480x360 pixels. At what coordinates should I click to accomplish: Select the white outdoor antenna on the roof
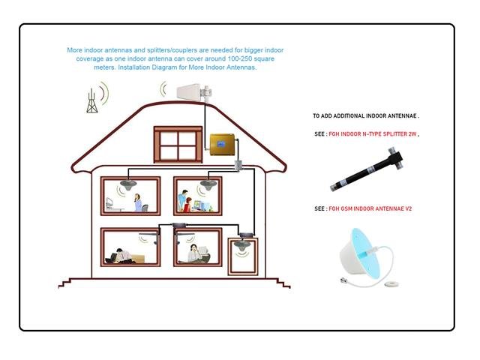[194, 92]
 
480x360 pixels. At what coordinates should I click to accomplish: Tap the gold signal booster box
[223, 144]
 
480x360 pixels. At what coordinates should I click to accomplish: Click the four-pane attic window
[178, 145]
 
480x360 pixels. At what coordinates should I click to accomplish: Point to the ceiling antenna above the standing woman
[128, 185]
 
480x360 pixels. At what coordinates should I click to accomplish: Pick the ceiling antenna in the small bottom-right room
[242, 245]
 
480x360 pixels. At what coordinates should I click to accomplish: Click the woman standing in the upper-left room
[138, 202]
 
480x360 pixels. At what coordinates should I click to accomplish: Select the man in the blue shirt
[182, 199]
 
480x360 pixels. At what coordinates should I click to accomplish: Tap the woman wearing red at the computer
[187, 205]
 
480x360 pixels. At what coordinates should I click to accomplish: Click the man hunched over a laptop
[120, 256]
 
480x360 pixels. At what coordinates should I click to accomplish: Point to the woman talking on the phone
[194, 253]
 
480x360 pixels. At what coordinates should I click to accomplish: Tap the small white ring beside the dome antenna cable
[391, 284]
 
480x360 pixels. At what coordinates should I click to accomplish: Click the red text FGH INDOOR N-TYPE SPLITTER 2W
[373, 134]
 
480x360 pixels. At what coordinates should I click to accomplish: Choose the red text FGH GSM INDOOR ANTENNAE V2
[370, 208]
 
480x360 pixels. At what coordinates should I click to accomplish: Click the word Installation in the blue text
[134, 67]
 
